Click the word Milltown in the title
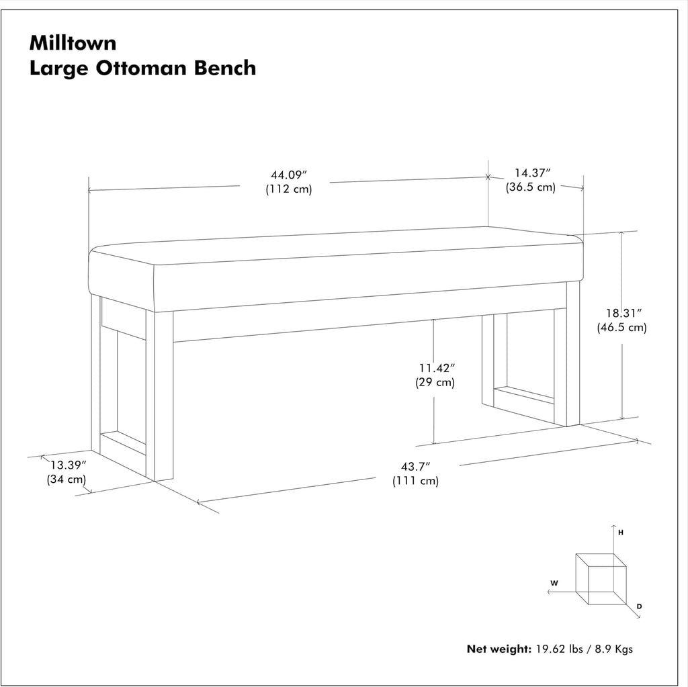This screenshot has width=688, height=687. pos(73,43)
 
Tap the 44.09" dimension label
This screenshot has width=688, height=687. pos(289,175)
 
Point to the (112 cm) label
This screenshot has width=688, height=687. pos(289,189)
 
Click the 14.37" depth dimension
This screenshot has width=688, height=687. pos(532,173)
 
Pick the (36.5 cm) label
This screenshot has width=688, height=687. pos(531,187)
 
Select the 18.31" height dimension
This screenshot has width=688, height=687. pos(623,313)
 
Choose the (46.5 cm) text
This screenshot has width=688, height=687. pos(621,327)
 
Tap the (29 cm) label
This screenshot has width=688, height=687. pos(435,382)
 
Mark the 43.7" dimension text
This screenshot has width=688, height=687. pos(415,466)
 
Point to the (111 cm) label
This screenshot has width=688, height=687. pos(415,480)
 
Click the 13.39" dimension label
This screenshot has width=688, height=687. pos(69,465)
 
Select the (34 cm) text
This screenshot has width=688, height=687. pos(67,479)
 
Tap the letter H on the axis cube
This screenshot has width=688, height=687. pos(621,533)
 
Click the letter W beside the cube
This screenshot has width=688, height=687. pos(554,584)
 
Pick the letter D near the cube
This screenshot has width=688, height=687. pos(640,606)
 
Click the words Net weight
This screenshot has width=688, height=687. pos(499,649)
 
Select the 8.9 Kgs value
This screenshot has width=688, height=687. pos(614,649)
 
